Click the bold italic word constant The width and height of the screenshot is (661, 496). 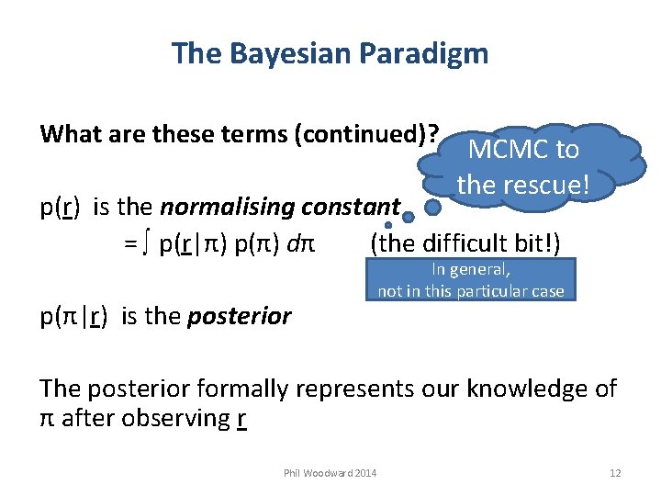coord(354,207)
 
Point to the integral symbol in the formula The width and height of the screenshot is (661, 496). coord(147,244)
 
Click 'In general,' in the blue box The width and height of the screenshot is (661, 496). coord(470,271)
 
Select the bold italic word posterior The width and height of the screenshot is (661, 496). coord(240,317)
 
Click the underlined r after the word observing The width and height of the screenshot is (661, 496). coord(241,418)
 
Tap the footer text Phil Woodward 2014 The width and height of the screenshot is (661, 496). coord(330,473)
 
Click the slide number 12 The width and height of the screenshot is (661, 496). coord(615,473)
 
